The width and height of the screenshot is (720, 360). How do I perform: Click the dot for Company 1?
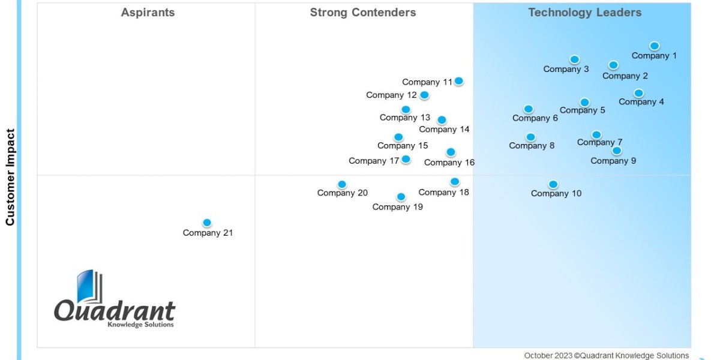point(655,46)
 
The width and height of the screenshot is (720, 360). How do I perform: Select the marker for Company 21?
point(207,223)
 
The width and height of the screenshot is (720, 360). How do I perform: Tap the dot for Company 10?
point(553,184)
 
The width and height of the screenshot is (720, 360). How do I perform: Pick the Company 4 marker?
point(638,93)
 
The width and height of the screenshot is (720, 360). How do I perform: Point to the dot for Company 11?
point(458,81)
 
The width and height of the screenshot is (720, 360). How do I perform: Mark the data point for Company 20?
point(342,184)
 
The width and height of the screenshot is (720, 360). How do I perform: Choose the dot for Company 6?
point(528,109)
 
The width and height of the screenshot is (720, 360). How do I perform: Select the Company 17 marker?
point(406,159)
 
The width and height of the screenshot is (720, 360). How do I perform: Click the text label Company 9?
point(613,161)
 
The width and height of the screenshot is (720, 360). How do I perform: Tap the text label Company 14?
point(444,130)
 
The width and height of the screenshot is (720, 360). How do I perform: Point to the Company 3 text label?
point(566,69)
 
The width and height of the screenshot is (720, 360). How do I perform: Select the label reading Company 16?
point(449,163)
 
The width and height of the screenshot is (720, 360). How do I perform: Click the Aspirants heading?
point(148,13)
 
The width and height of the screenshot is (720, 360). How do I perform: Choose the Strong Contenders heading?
point(362,13)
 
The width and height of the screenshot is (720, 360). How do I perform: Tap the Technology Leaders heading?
point(584,13)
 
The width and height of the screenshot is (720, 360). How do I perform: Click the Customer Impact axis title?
point(10,177)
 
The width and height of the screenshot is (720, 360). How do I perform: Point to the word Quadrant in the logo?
point(115,311)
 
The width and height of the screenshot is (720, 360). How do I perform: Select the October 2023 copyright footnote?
point(606,355)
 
